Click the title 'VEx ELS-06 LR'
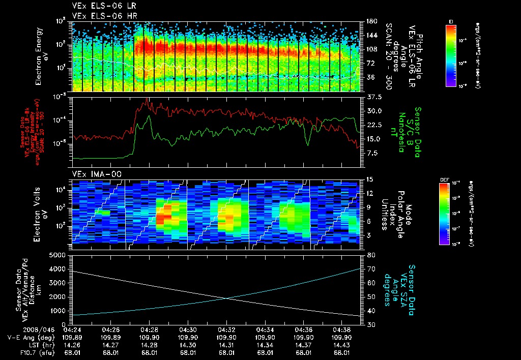point(100,7)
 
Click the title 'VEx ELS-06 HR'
point(100,16)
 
